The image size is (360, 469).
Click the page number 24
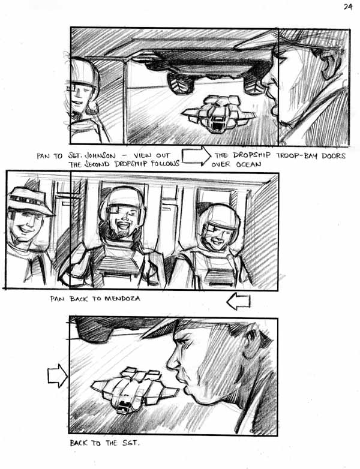coord(347,7)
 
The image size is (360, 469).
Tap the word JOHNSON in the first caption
coord(100,155)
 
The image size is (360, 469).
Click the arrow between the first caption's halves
coord(196,156)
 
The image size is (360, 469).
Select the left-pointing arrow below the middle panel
coord(239,301)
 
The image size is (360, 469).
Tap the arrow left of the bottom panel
coord(58,375)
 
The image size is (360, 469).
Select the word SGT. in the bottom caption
coord(131,443)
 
